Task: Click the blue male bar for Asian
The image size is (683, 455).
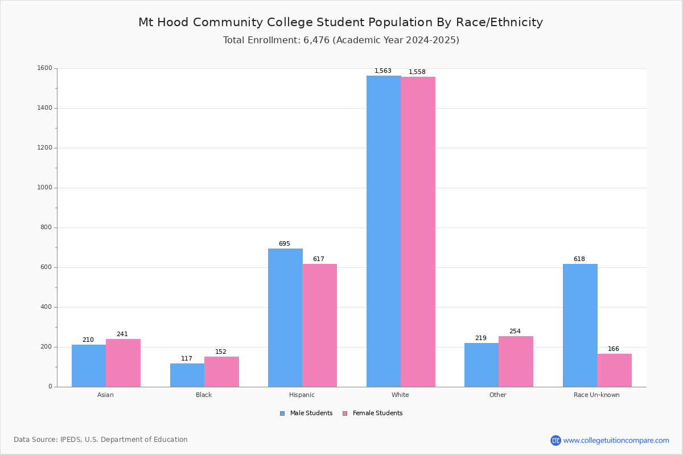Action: click(89, 366)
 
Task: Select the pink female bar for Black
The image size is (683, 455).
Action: click(221, 371)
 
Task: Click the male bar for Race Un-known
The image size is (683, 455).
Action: click(580, 325)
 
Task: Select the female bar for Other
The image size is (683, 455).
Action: click(516, 361)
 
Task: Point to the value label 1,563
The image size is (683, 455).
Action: click(382, 71)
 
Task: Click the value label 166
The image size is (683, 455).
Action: click(613, 349)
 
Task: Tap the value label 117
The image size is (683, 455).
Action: click(187, 359)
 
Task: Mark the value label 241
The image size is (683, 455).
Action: click(122, 334)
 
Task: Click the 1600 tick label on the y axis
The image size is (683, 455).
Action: click(44, 68)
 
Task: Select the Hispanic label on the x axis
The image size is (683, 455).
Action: click(302, 395)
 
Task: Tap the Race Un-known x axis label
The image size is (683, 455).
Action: click(596, 395)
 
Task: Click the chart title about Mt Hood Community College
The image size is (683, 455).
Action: click(340, 22)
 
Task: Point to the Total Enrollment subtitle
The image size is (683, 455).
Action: click(341, 40)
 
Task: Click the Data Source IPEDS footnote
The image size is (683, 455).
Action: click(101, 440)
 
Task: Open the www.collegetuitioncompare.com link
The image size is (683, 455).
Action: click(616, 440)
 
